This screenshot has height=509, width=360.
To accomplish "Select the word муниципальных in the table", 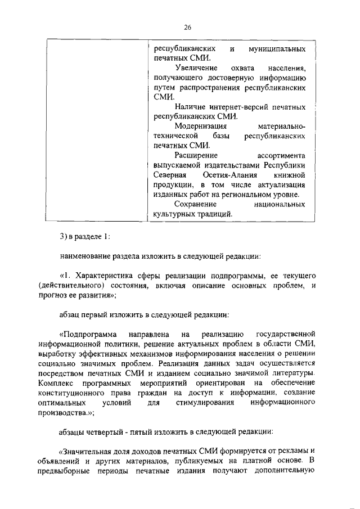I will tap(277, 49).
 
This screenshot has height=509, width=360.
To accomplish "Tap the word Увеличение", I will tap(195, 67).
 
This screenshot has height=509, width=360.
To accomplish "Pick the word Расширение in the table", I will tap(194, 155).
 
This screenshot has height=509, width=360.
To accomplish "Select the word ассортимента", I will tap(281, 155).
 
